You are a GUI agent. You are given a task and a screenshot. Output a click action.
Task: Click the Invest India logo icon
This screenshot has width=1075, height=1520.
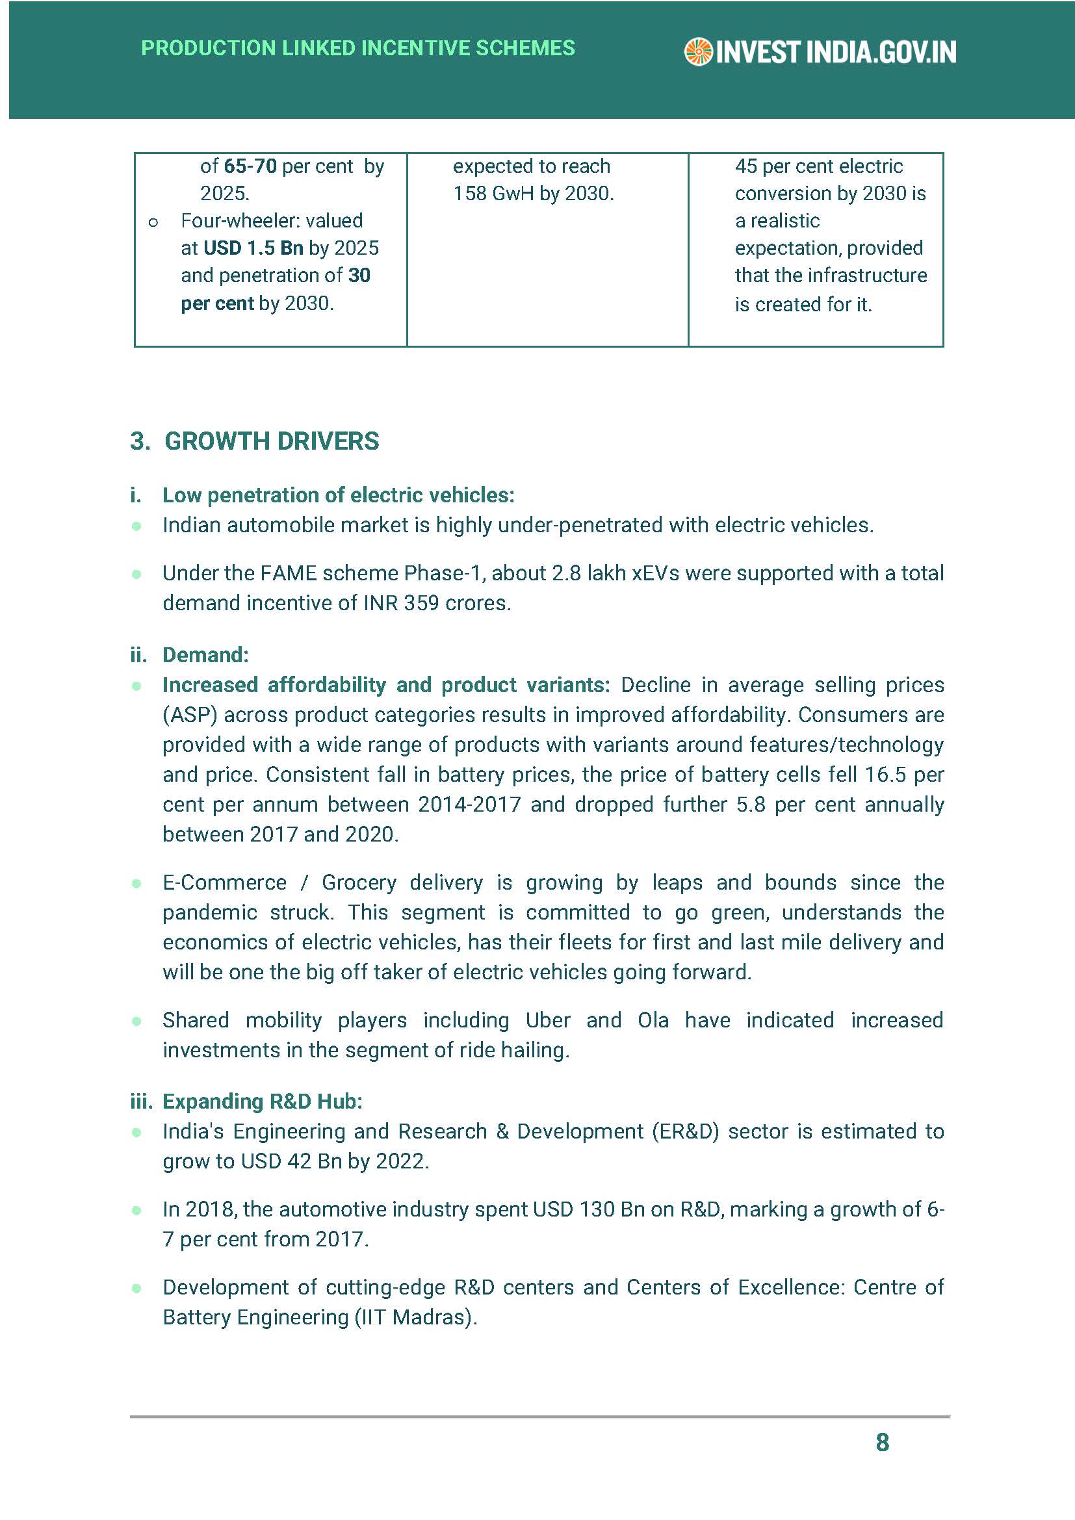(x=697, y=52)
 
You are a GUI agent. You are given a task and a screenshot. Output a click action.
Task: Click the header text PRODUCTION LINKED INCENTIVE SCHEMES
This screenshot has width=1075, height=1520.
(x=358, y=48)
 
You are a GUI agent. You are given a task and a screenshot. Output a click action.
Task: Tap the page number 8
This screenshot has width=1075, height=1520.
(x=882, y=1442)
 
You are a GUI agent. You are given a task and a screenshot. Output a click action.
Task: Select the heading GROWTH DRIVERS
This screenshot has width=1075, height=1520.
(x=272, y=441)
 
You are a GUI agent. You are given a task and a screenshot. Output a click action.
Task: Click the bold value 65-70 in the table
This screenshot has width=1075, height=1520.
(x=250, y=166)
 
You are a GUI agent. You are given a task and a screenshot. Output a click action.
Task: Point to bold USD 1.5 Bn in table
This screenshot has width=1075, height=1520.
(x=253, y=248)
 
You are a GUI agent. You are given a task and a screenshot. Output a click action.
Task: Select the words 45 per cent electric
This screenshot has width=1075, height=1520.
(x=818, y=166)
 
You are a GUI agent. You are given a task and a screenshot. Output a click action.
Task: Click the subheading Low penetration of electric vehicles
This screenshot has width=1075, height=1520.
(x=338, y=495)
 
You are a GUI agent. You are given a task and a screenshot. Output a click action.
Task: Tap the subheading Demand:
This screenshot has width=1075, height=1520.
(x=205, y=655)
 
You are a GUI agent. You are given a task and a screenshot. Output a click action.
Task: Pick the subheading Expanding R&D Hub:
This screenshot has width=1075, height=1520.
(x=262, y=1101)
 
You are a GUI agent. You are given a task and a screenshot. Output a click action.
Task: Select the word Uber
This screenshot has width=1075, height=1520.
(x=547, y=1020)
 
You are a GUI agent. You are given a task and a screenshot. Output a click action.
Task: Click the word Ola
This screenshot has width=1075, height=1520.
(x=653, y=1020)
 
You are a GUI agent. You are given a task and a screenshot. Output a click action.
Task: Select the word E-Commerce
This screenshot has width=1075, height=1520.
(x=224, y=882)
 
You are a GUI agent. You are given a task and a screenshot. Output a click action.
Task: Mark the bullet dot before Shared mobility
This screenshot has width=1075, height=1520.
(x=136, y=1022)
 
